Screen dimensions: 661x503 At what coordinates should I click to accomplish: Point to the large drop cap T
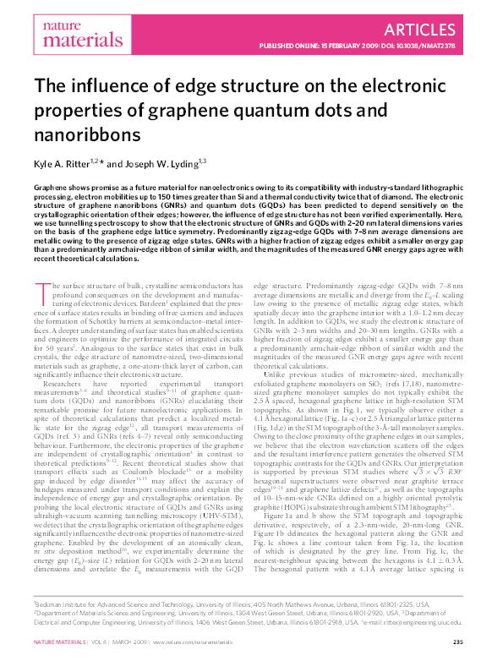(x=41, y=294)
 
